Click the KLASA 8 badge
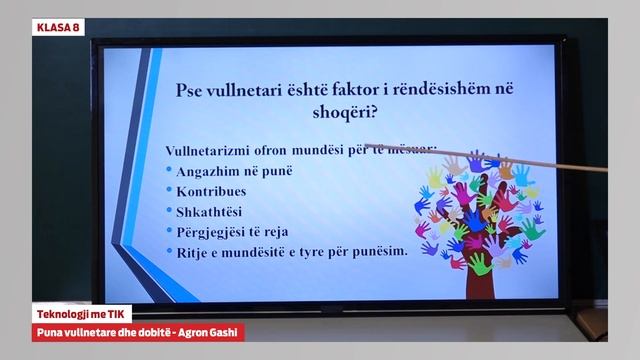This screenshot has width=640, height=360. point(57,27)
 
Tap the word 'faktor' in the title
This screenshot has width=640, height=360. point(383,90)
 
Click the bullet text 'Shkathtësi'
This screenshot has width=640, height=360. point(210,211)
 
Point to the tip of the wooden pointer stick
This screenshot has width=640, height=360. point(368,146)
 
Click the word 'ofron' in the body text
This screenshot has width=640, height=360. point(272,150)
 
